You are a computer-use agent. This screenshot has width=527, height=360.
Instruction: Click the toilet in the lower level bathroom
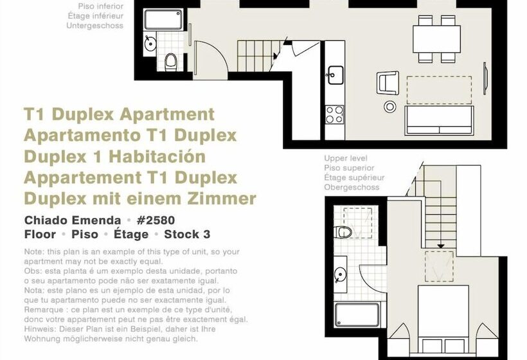(171, 62)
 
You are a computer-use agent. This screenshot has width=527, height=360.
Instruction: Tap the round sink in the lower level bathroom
(150, 44)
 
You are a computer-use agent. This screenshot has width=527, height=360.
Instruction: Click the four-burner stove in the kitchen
(334, 114)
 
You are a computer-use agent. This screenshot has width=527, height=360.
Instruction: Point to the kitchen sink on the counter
(335, 74)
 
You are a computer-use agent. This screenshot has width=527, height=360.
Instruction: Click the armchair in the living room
(388, 82)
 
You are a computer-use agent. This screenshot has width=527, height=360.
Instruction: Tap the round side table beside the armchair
(389, 106)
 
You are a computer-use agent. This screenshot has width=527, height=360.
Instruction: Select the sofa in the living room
(439, 120)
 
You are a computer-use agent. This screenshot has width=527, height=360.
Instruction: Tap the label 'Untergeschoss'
(94, 26)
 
